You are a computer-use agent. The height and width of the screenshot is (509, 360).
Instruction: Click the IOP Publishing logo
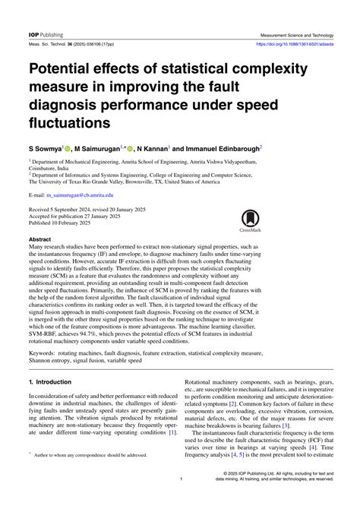coord(46,35)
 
